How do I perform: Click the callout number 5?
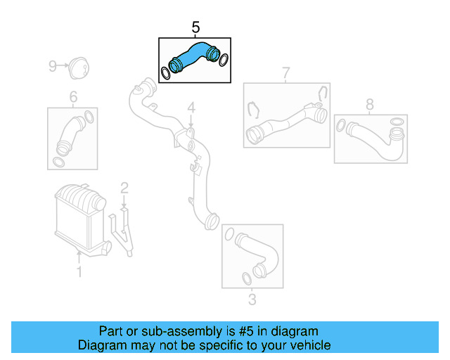tap(195, 27)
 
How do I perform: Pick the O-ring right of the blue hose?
tap(224, 60)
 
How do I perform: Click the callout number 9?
tap(52, 66)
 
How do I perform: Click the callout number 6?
tap(72, 97)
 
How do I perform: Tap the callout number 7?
tap(286, 72)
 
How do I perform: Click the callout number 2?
tap(124, 188)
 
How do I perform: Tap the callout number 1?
tap(79, 271)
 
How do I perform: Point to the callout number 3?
tap(252, 300)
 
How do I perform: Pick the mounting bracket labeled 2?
tap(125, 232)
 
